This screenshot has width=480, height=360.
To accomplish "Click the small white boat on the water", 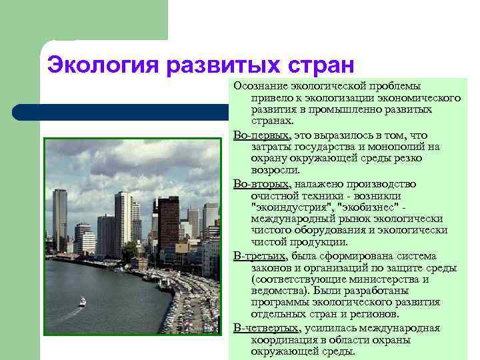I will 83,302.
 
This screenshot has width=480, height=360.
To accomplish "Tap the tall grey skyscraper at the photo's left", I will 60,220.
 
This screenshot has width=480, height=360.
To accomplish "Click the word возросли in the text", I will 273,171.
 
